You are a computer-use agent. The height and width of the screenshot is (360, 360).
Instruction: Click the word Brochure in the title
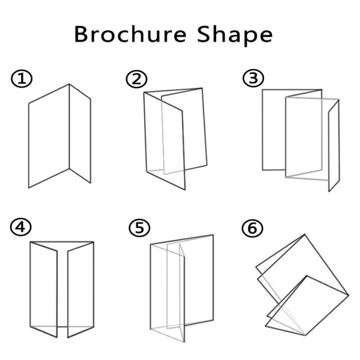[130, 34]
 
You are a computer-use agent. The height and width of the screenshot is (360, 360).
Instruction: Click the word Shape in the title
[235, 35]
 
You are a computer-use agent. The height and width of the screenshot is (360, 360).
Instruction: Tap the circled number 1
[22, 79]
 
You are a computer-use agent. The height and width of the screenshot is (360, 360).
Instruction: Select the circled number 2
[137, 79]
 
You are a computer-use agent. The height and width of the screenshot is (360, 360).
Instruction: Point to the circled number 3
[253, 78]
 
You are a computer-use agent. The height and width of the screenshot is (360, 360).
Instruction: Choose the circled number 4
[21, 227]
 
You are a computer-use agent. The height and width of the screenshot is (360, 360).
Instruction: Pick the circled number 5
[139, 228]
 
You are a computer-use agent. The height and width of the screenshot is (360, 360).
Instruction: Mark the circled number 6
[253, 229]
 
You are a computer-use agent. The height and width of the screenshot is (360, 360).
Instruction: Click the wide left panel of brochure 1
[49, 136]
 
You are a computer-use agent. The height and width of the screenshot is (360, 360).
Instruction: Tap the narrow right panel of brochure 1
[80, 134]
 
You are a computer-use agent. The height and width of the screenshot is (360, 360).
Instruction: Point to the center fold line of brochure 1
[69, 127]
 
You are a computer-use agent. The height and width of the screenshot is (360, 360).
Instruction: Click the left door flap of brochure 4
[44, 289]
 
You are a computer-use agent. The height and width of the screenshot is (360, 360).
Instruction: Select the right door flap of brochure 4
[80, 289]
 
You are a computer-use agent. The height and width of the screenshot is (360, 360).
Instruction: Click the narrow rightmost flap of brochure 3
[334, 146]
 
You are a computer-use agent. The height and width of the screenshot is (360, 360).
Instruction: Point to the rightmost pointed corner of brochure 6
[349, 295]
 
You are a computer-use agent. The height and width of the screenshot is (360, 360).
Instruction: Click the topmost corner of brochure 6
[305, 235]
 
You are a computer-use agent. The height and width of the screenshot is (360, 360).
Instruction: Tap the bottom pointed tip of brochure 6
[305, 335]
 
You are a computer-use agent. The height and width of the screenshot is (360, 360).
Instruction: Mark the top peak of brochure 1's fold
[69, 85]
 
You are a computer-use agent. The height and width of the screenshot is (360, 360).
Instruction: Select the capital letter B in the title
[81, 34]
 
